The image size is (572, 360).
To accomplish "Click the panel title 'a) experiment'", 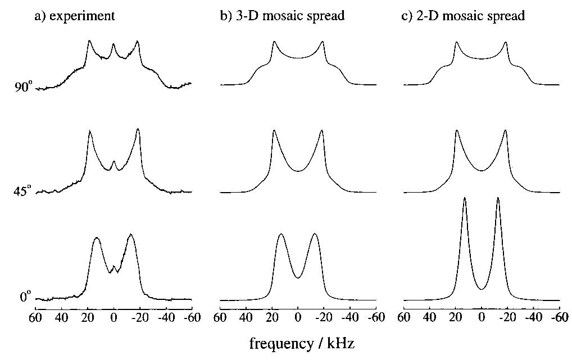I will coord(74,16).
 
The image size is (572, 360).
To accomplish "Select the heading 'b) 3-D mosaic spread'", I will coord(282,16).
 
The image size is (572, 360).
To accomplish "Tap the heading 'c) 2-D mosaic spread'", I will coord(463,16).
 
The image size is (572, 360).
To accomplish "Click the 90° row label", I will coord(24,87).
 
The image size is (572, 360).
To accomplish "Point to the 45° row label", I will coord(24,192).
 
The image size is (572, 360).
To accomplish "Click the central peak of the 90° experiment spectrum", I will coord(114,44).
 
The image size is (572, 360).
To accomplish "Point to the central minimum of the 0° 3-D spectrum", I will coord(298,277).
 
